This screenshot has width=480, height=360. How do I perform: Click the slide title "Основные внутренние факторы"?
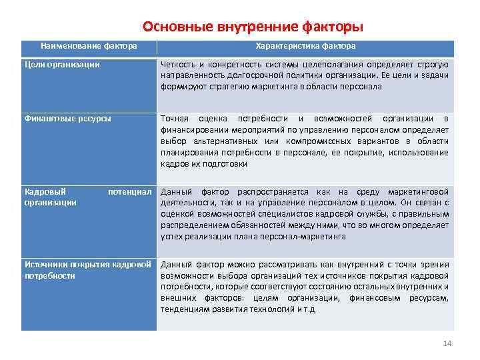[253, 27]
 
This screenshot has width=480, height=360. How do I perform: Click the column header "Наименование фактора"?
[89, 46]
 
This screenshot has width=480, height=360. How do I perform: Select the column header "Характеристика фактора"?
[305, 46]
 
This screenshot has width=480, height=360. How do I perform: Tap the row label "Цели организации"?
[62, 65]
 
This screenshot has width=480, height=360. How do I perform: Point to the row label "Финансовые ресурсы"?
[67, 119]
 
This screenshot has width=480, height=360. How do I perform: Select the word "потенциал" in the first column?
[131, 191]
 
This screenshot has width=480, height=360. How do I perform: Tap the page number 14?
[447, 343]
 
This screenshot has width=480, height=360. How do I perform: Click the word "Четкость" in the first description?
[179, 65]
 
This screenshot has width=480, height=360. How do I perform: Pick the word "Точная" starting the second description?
[175, 119]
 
